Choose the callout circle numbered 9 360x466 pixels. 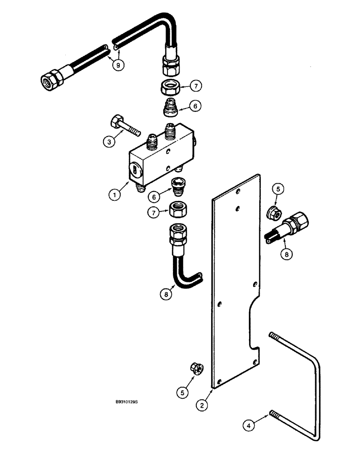[x=118, y=65]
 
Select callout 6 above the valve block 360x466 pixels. [x=196, y=107]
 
